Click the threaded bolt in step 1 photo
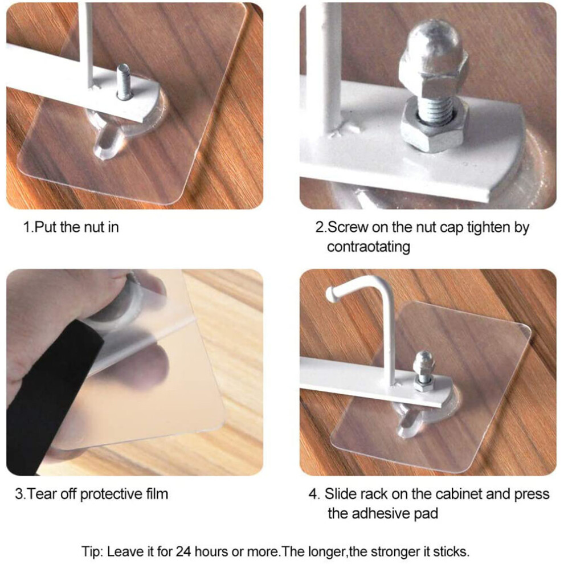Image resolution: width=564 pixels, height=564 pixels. (x=123, y=81)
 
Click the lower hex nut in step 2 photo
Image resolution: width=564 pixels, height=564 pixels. (x=434, y=126)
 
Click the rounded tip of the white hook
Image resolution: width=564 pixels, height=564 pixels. (x=330, y=294)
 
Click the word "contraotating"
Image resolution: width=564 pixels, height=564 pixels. (x=369, y=247)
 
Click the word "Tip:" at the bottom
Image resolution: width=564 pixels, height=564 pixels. (x=92, y=551)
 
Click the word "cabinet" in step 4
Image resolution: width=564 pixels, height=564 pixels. (x=458, y=494)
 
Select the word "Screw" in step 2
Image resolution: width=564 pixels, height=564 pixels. (x=348, y=227)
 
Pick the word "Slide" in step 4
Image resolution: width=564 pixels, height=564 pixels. (x=340, y=494)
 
